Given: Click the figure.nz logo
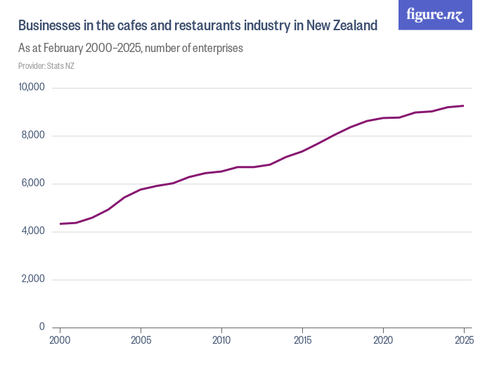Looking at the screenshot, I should [x=435, y=15].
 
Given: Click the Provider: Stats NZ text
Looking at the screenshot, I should [x=46, y=66].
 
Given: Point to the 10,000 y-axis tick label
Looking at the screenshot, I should [x=32, y=88].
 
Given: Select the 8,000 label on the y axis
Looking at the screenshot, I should [x=33, y=136].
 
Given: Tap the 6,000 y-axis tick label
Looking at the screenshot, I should [x=33, y=183].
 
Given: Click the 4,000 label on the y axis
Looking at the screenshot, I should [x=33, y=231].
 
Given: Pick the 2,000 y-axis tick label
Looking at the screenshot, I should [x=33, y=279].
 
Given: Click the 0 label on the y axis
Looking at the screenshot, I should [x=42, y=327].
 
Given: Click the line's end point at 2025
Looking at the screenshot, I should [x=463, y=106].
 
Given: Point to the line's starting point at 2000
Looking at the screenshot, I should [x=60, y=224].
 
